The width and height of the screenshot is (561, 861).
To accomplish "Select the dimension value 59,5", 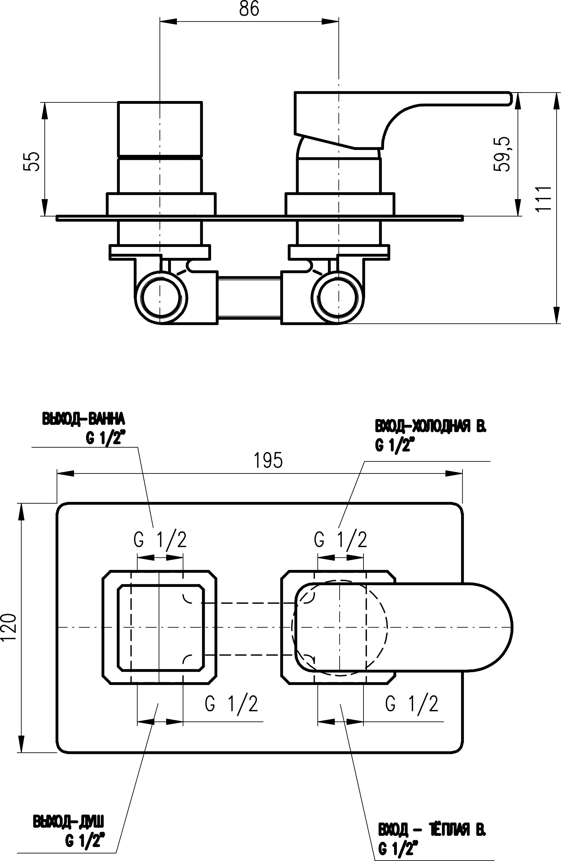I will (502, 154).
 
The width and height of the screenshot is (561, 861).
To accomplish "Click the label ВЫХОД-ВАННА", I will (84, 419).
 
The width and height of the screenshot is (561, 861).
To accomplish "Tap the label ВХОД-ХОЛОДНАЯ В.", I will (431, 427).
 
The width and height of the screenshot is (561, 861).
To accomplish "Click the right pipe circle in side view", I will (338, 298).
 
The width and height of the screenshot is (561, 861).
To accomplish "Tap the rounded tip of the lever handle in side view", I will (509, 99).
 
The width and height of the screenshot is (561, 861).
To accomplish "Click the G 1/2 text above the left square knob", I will (160, 540).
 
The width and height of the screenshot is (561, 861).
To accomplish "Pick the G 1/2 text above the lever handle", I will (340, 540).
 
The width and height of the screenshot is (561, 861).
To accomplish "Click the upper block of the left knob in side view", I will (160, 130).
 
